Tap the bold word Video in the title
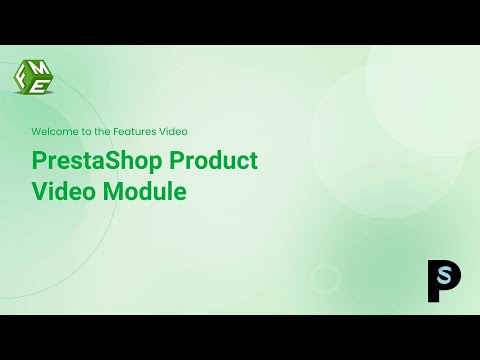(64, 191)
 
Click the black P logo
(441, 280)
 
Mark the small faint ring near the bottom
(325, 278)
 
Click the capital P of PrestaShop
(40, 162)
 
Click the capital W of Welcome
(37, 131)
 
